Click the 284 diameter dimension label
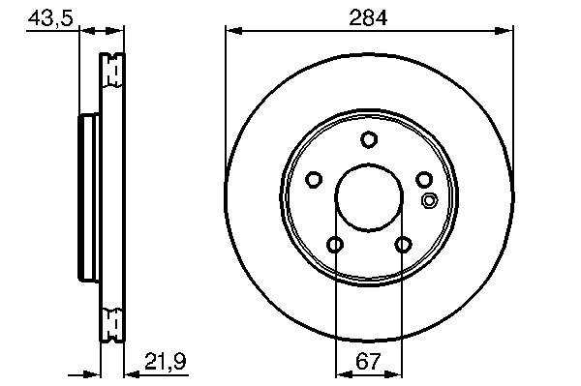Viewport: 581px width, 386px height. [x=368, y=17]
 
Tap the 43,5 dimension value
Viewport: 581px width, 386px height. [x=50, y=17]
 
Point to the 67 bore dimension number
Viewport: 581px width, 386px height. [x=368, y=361]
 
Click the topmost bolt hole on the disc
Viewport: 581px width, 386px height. [x=369, y=139]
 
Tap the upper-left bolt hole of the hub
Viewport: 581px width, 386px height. [x=314, y=180]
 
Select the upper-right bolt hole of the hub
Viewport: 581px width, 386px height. [x=424, y=180]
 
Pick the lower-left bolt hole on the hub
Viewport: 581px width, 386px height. [x=335, y=245]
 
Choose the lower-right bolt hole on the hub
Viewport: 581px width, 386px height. [x=403, y=245]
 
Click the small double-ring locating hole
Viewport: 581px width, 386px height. [x=429, y=201]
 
